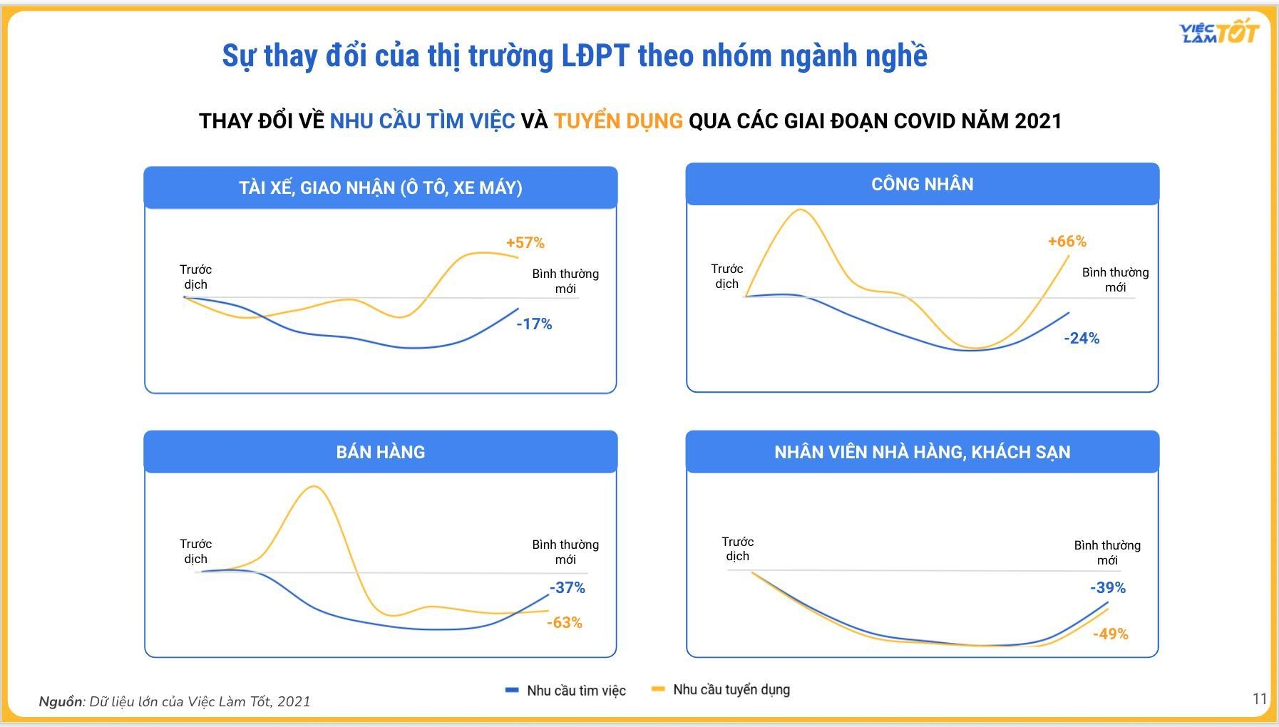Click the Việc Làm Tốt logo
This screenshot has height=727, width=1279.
(1218, 32)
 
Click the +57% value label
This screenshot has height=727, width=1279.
(525, 243)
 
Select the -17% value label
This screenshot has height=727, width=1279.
(534, 324)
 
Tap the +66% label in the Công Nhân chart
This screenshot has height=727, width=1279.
(1067, 242)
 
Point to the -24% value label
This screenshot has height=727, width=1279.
(1082, 339)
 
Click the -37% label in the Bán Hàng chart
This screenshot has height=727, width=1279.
(567, 588)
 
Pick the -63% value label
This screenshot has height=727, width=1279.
(564, 623)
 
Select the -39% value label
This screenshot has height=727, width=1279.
(1107, 588)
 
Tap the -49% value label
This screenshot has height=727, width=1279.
(1110, 634)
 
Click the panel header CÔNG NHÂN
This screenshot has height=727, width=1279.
(922, 185)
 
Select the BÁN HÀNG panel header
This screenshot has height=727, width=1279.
(380, 452)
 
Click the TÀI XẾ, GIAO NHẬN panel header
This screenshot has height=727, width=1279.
(380, 188)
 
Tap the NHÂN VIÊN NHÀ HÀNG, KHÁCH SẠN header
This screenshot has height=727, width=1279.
(922, 453)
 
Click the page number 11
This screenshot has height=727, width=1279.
(1259, 698)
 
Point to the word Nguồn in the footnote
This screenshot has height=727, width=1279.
(61, 701)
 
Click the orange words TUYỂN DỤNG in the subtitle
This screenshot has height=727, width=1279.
(618, 121)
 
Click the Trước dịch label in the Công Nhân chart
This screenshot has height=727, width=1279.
(726, 276)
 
